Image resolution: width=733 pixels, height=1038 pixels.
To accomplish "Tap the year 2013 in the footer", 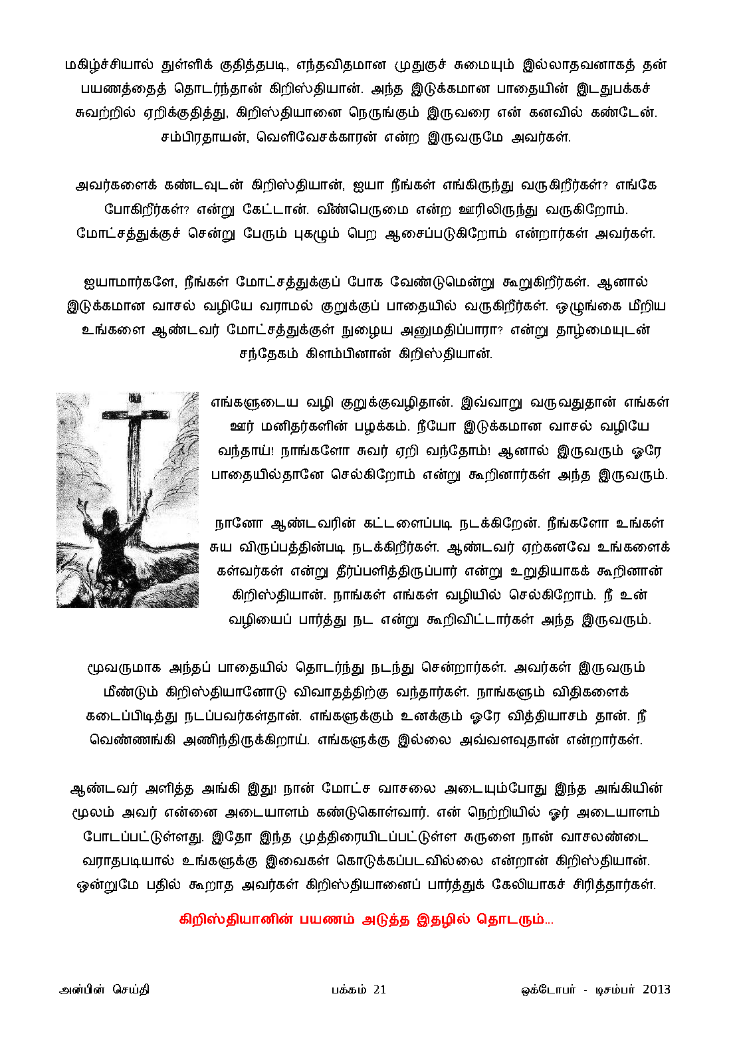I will coord(656,989).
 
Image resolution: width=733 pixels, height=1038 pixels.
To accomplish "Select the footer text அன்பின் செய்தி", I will coord(104,989).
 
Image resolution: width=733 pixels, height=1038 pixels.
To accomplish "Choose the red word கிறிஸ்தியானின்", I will coord(235,920).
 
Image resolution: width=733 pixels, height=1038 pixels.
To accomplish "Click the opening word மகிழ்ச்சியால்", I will coord(109,65).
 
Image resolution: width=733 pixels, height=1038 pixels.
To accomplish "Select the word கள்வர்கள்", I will coord(248,571).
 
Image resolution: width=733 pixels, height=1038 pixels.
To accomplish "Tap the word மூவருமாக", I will coord(124,668).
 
